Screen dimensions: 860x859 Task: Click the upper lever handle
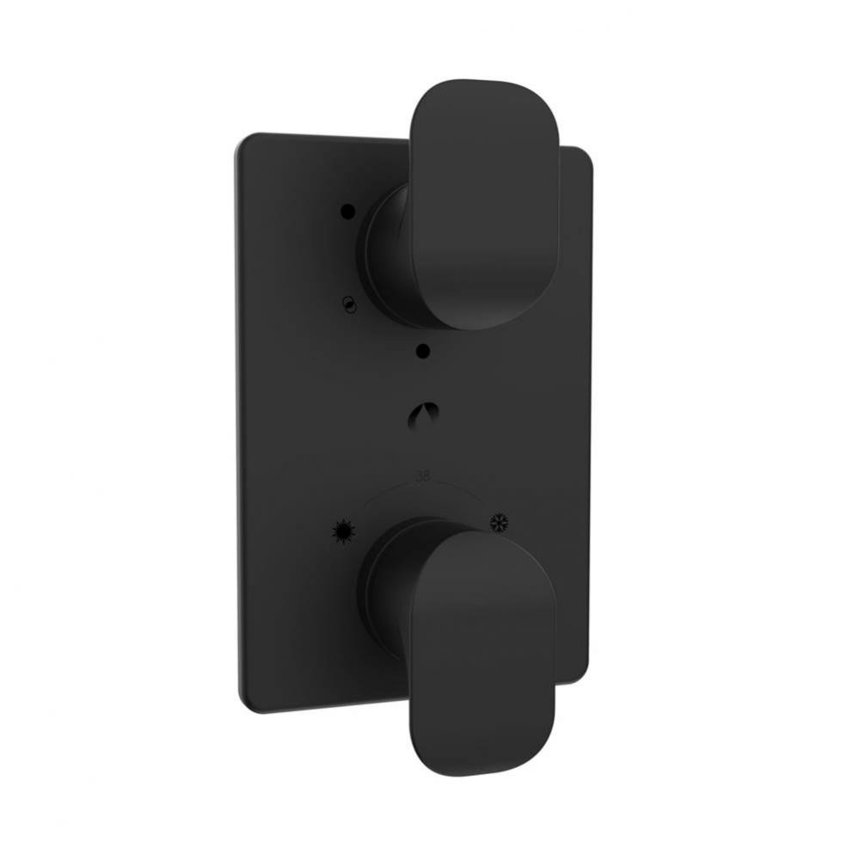(x=485, y=206)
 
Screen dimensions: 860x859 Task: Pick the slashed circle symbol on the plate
(x=347, y=302)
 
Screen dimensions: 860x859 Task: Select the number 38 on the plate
(x=423, y=476)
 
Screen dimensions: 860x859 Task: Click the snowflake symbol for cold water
(x=500, y=521)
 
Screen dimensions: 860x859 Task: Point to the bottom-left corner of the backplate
(x=244, y=705)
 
